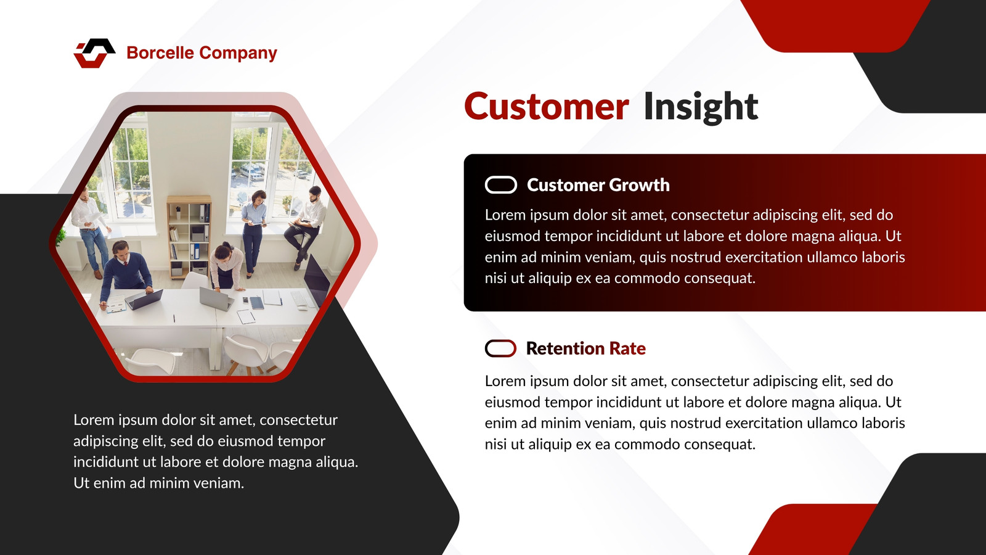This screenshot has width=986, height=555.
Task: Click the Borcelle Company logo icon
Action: [x=94, y=53]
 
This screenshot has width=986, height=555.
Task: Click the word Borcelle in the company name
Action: [x=160, y=53]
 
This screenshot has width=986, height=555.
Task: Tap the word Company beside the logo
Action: [x=238, y=54]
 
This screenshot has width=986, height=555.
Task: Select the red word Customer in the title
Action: [x=547, y=107]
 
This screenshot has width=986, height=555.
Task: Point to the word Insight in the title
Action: [x=701, y=107]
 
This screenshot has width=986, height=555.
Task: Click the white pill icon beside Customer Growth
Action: [x=501, y=185]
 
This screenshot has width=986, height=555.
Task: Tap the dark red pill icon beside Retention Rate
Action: [x=500, y=348]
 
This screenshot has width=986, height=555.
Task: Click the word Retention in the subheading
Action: [x=566, y=348]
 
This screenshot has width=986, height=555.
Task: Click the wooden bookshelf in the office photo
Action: [x=189, y=237]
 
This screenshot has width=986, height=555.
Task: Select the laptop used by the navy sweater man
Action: [x=144, y=300]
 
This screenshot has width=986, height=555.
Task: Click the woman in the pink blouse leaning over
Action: [x=226, y=266]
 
